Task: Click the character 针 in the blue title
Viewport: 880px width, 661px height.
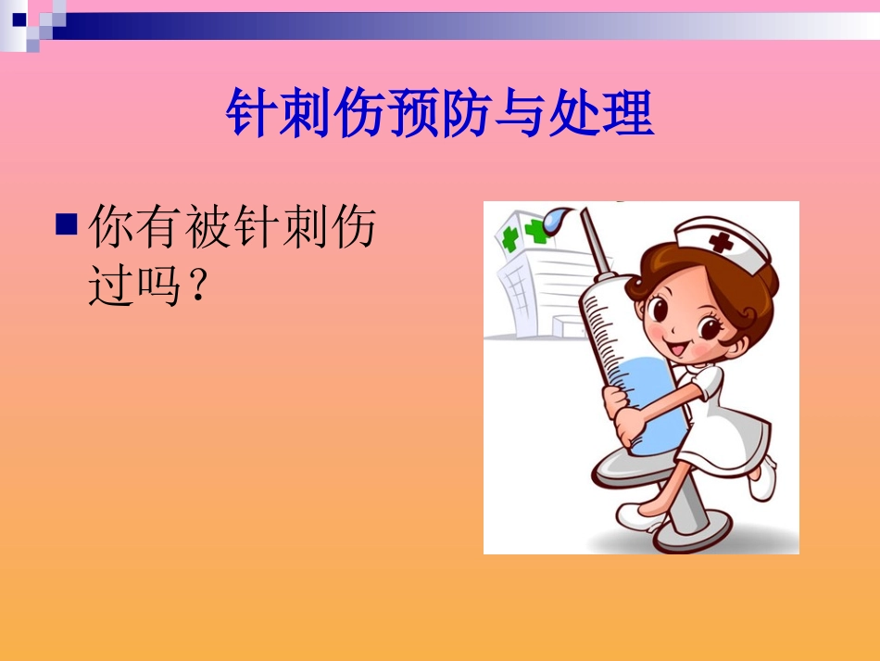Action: [252, 115]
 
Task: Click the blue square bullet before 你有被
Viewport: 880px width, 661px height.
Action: [66, 224]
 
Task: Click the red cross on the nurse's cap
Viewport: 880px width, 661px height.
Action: [720, 243]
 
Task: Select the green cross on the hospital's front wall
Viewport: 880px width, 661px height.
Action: [509, 237]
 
